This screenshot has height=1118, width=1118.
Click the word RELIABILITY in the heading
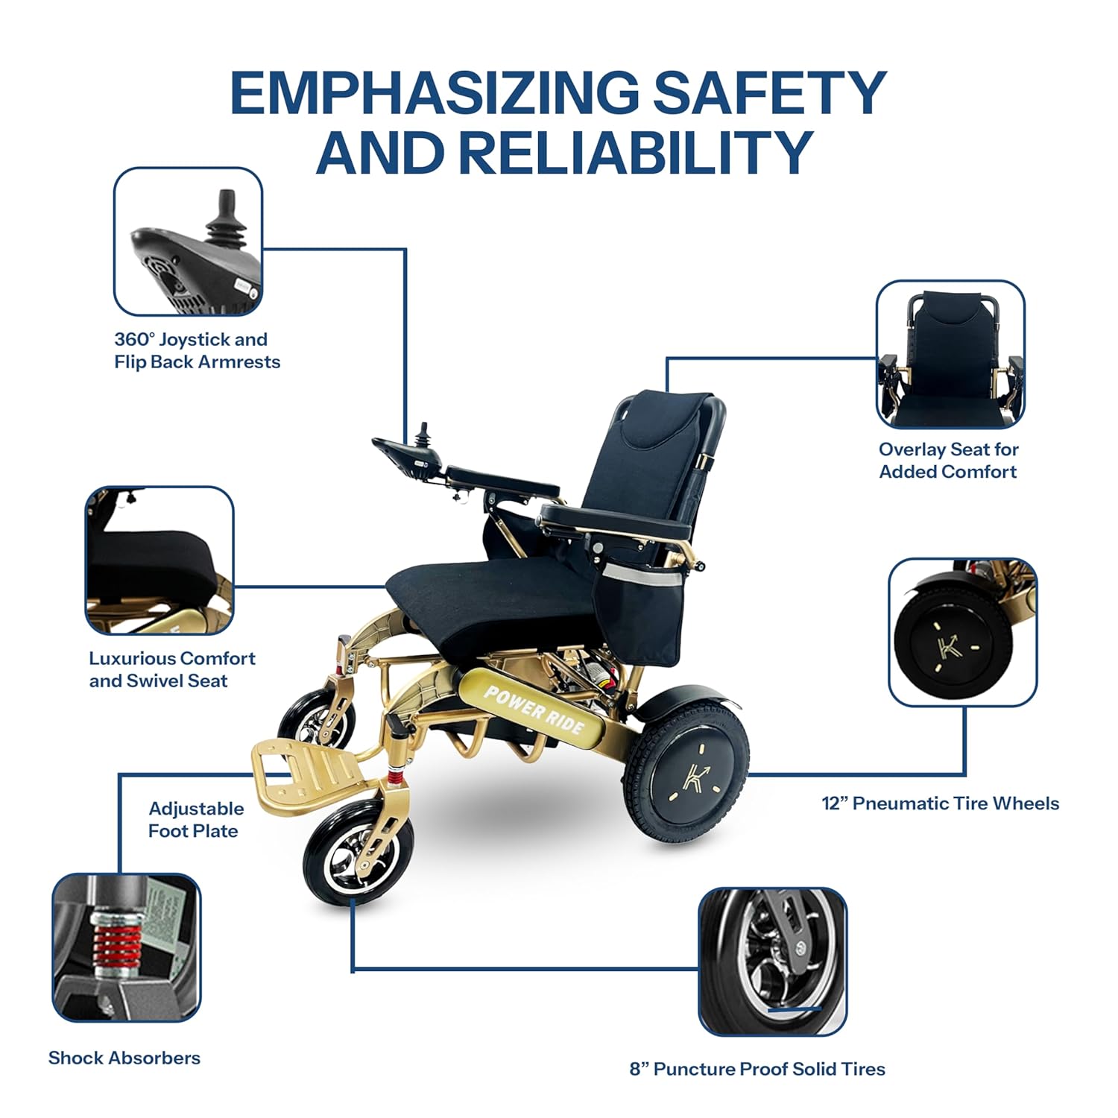click(x=634, y=152)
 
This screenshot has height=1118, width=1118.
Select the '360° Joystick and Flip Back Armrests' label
click(x=197, y=350)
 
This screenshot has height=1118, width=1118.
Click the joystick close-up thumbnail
click(x=188, y=241)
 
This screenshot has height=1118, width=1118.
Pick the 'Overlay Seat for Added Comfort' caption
click(x=948, y=460)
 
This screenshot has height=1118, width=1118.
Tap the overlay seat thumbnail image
click(x=950, y=354)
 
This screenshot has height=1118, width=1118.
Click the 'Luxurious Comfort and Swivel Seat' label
click(x=171, y=669)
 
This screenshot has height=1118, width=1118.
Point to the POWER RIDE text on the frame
click(x=534, y=709)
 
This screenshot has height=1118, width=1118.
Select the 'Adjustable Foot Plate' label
click(x=195, y=820)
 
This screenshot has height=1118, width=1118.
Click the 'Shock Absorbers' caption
click(x=124, y=1058)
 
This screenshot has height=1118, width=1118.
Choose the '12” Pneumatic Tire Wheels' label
click(x=940, y=803)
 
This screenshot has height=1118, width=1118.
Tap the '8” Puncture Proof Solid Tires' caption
click(x=757, y=1069)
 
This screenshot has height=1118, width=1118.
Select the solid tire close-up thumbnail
click(x=773, y=961)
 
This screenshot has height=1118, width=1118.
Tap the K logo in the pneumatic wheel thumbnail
click(x=949, y=645)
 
